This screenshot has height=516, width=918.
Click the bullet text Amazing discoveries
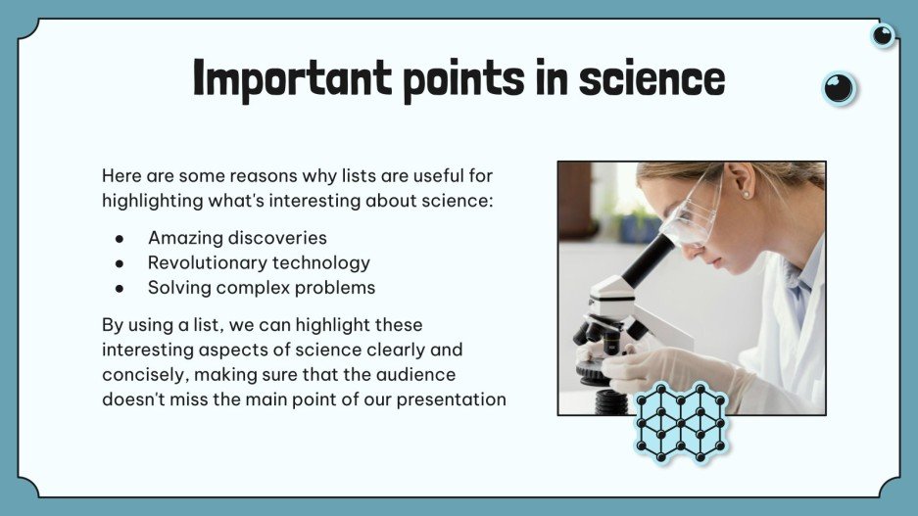click(x=237, y=238)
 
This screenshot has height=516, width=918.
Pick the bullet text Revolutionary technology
click(x=259, y=262)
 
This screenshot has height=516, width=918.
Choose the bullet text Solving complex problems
click(x=262, y=288)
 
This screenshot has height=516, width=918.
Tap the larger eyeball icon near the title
click(x=839, y=89)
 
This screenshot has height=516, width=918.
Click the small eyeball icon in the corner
click(x=883, y=36)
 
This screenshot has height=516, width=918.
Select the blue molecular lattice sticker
click(x=680, y=422)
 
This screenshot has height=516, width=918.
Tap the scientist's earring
click(x=746, y=195)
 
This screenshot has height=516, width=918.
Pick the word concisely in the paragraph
click(x=141, y=374)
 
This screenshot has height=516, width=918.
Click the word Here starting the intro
click(x=121, y=176)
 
